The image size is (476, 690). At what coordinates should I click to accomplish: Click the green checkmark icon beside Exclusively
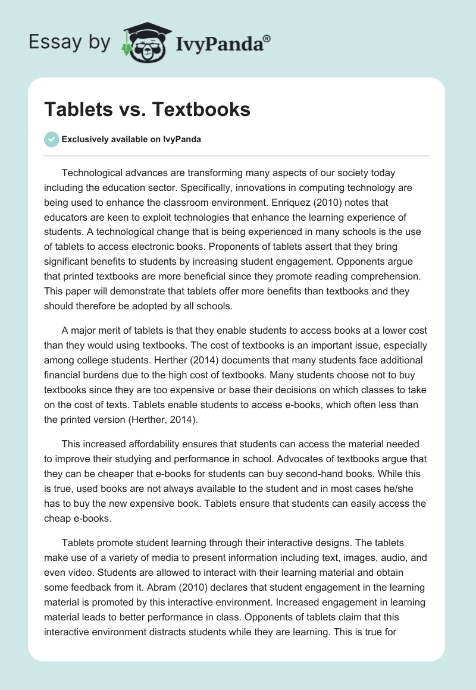tap(51, 140)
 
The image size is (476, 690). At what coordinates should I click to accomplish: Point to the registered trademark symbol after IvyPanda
tap(267, 39)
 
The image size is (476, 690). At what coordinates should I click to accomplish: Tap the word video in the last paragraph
tap(62, 573)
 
